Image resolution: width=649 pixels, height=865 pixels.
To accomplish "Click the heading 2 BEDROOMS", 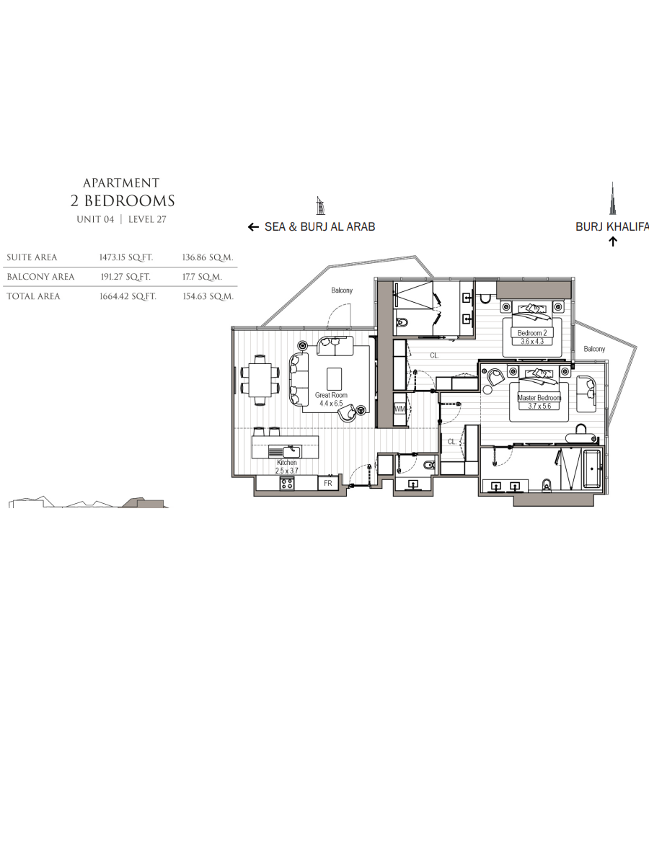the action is click(x=123, y=201).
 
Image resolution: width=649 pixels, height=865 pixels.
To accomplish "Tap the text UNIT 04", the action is click(x=95, y=219).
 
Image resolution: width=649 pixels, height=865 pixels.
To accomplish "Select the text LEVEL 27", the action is click(x=147, y=219).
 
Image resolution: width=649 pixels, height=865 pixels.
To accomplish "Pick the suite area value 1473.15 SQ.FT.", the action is click(x=126, y=257).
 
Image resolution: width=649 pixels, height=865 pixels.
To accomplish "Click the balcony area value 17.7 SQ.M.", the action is click(x=202, y=277).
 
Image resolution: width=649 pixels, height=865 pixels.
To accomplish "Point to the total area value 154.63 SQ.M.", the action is click(x=208, y=296).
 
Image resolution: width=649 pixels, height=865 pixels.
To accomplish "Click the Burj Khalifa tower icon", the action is click(x=612, y=198).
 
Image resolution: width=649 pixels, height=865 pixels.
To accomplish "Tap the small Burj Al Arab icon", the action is click(x=320, y=205).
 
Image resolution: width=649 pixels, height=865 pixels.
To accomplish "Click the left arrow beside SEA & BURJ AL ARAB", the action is click(x=253, y=227).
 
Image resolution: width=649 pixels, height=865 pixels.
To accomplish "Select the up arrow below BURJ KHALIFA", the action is click(x=612, y=241).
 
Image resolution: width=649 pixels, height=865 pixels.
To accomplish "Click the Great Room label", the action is click(x=331, y=395).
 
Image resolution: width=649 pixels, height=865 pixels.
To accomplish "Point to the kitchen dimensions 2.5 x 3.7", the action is click(x=287, y=471).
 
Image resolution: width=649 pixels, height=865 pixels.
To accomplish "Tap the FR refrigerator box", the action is click(x=328, y=483).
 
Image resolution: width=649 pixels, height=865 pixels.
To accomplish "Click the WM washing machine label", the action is click(x=399, y=409).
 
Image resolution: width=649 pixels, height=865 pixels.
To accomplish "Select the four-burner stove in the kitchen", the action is click(x=287, y=483).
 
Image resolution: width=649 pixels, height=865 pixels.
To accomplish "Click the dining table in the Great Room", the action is click(x=260, y=380).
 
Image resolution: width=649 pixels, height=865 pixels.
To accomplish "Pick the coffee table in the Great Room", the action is click(x=334, y=378).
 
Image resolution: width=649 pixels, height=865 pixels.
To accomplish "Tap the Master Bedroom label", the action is click(x=539, y=398).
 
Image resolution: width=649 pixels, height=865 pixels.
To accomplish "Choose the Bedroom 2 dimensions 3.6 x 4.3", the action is click(x=532, y=341).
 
